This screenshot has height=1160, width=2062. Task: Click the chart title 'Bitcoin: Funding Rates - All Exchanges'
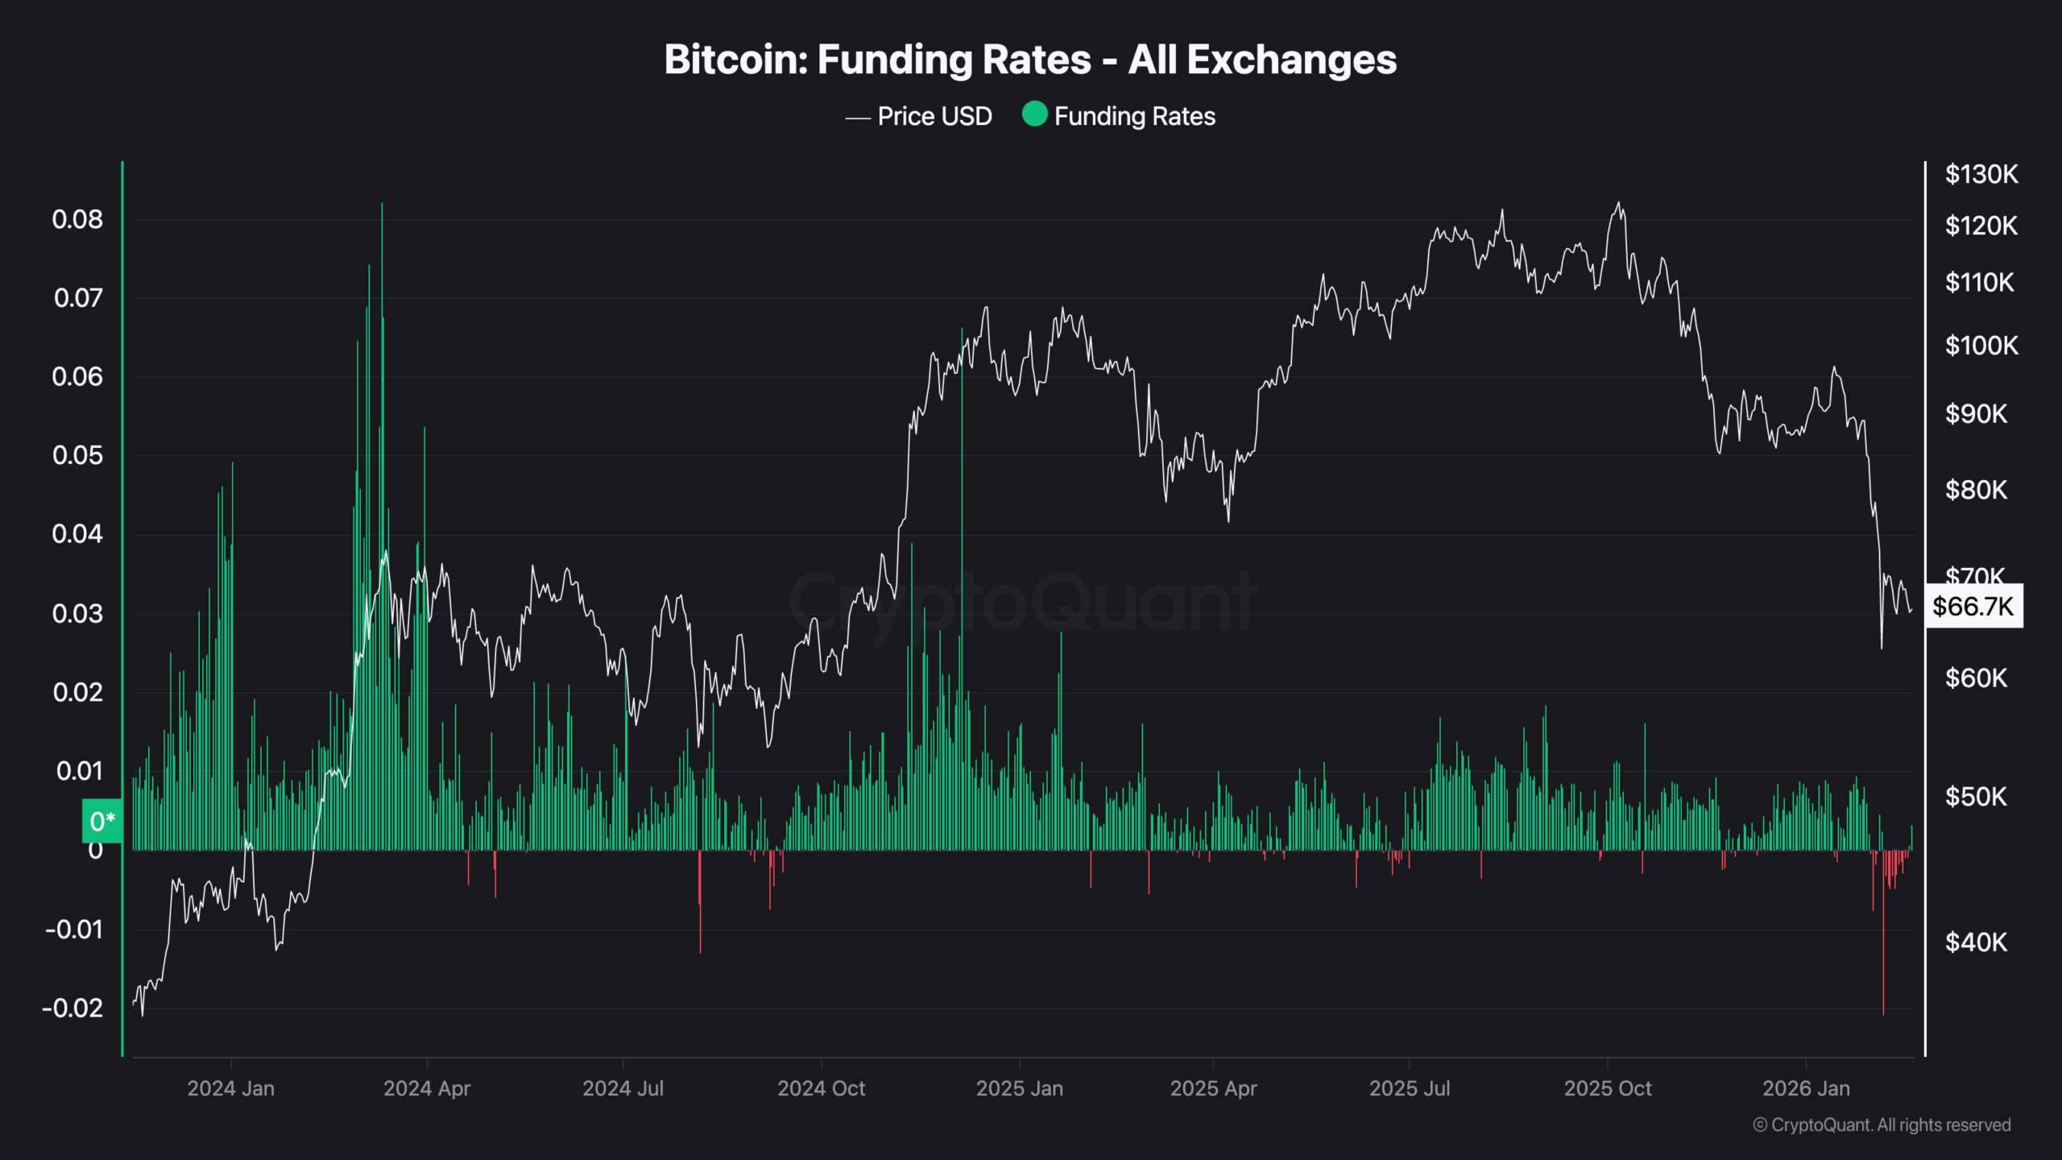coord(1030,60)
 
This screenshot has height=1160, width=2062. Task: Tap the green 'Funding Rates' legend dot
coord(1034,114)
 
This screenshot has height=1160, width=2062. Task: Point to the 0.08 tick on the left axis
coord(77,219)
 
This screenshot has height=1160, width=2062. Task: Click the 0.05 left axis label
coord(77,455)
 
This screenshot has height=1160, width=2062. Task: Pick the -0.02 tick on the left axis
coord(72,1008)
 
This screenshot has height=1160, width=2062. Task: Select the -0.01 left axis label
coord(74,930)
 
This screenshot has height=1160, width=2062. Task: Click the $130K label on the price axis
coord(1981,174)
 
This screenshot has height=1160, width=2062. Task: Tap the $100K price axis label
coord(1981,346)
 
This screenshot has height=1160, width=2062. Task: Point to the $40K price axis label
coord(1976,942)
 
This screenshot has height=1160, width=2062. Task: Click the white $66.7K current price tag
coord(1973,606)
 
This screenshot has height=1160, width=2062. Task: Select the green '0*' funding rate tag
coord(102,822)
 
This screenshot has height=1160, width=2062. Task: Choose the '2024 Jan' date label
coord(231,1088)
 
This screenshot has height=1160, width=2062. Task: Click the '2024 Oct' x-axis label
coord(821,1088)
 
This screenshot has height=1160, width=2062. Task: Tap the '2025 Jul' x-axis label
coord(1410,1088)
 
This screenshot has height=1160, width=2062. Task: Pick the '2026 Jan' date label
coord(1806,1088)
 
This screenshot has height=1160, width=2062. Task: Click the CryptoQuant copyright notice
coord(1882,1125)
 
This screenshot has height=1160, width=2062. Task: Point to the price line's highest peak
coord(1619,203)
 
